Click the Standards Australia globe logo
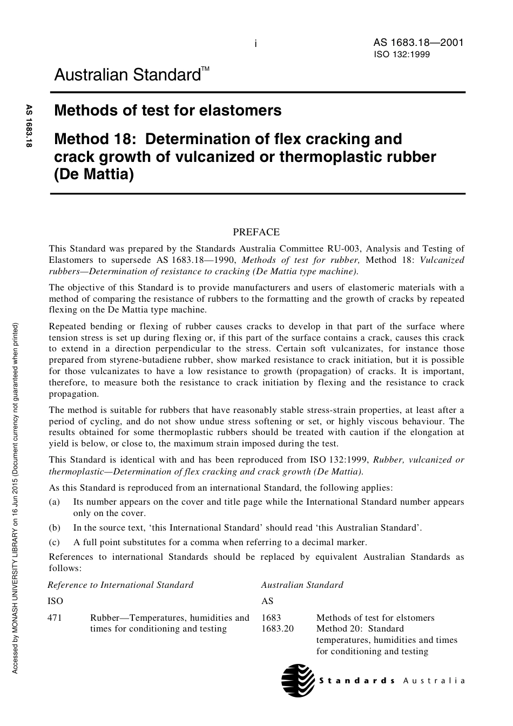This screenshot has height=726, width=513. click(298, 680)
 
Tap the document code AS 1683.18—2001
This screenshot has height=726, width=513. click(418, 43)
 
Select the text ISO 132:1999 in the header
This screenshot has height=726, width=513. click(401, 54)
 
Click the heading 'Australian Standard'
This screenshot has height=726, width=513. click(127, 74)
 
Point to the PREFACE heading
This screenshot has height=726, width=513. click(256, 232)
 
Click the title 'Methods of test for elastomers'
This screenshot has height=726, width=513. click(168, 111)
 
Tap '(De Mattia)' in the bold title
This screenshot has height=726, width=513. click(93, 175)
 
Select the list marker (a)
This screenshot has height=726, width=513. click(54, 502)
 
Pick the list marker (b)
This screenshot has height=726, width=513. click(54, 527)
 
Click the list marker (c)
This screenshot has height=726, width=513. click(54, 542)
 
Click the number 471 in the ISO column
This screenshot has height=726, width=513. click(55, 618)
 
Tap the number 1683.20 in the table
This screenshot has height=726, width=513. click(278, 628)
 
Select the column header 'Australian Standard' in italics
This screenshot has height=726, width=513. click(302, 585)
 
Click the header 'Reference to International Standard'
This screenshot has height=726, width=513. click(120, 585)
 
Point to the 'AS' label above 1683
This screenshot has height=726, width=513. click(267, 601)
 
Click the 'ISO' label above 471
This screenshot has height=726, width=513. click(55, 601)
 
